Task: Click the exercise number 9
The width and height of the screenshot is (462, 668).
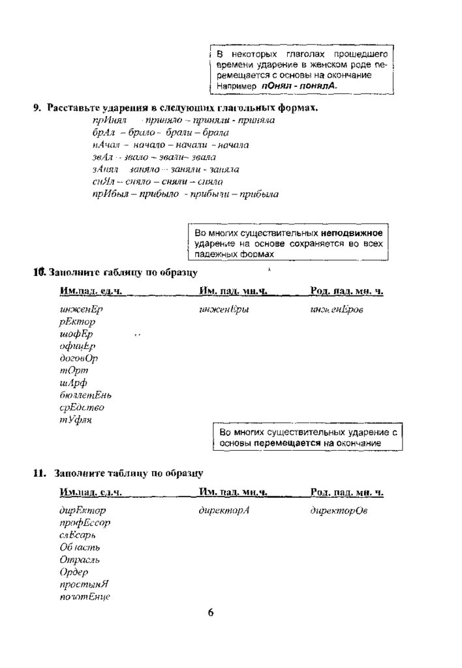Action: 38,108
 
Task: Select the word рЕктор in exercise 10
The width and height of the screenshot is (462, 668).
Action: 77,322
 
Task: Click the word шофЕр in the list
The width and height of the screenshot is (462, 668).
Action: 76,334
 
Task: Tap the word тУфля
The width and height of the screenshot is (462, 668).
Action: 75,420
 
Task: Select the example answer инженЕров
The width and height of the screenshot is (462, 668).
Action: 337,310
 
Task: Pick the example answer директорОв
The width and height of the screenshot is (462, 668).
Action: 339,511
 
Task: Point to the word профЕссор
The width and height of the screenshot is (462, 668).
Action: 84,523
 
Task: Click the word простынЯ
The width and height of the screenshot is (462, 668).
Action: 83,584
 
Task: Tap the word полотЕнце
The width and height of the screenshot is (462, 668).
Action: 84,597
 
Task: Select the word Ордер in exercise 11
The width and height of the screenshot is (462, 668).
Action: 73,572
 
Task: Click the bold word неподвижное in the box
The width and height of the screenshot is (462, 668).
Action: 352,233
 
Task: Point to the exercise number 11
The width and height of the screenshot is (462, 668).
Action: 38,474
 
